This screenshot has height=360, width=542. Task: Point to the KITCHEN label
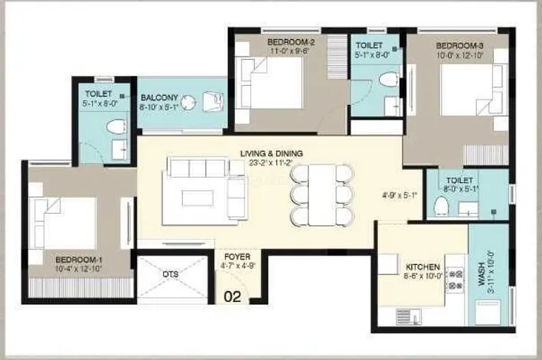click(423, 267)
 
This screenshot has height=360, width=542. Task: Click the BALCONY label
click(159, 97)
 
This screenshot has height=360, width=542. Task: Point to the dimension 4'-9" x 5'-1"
click(402, 194)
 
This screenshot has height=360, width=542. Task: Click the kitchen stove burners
click(454, 279)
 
